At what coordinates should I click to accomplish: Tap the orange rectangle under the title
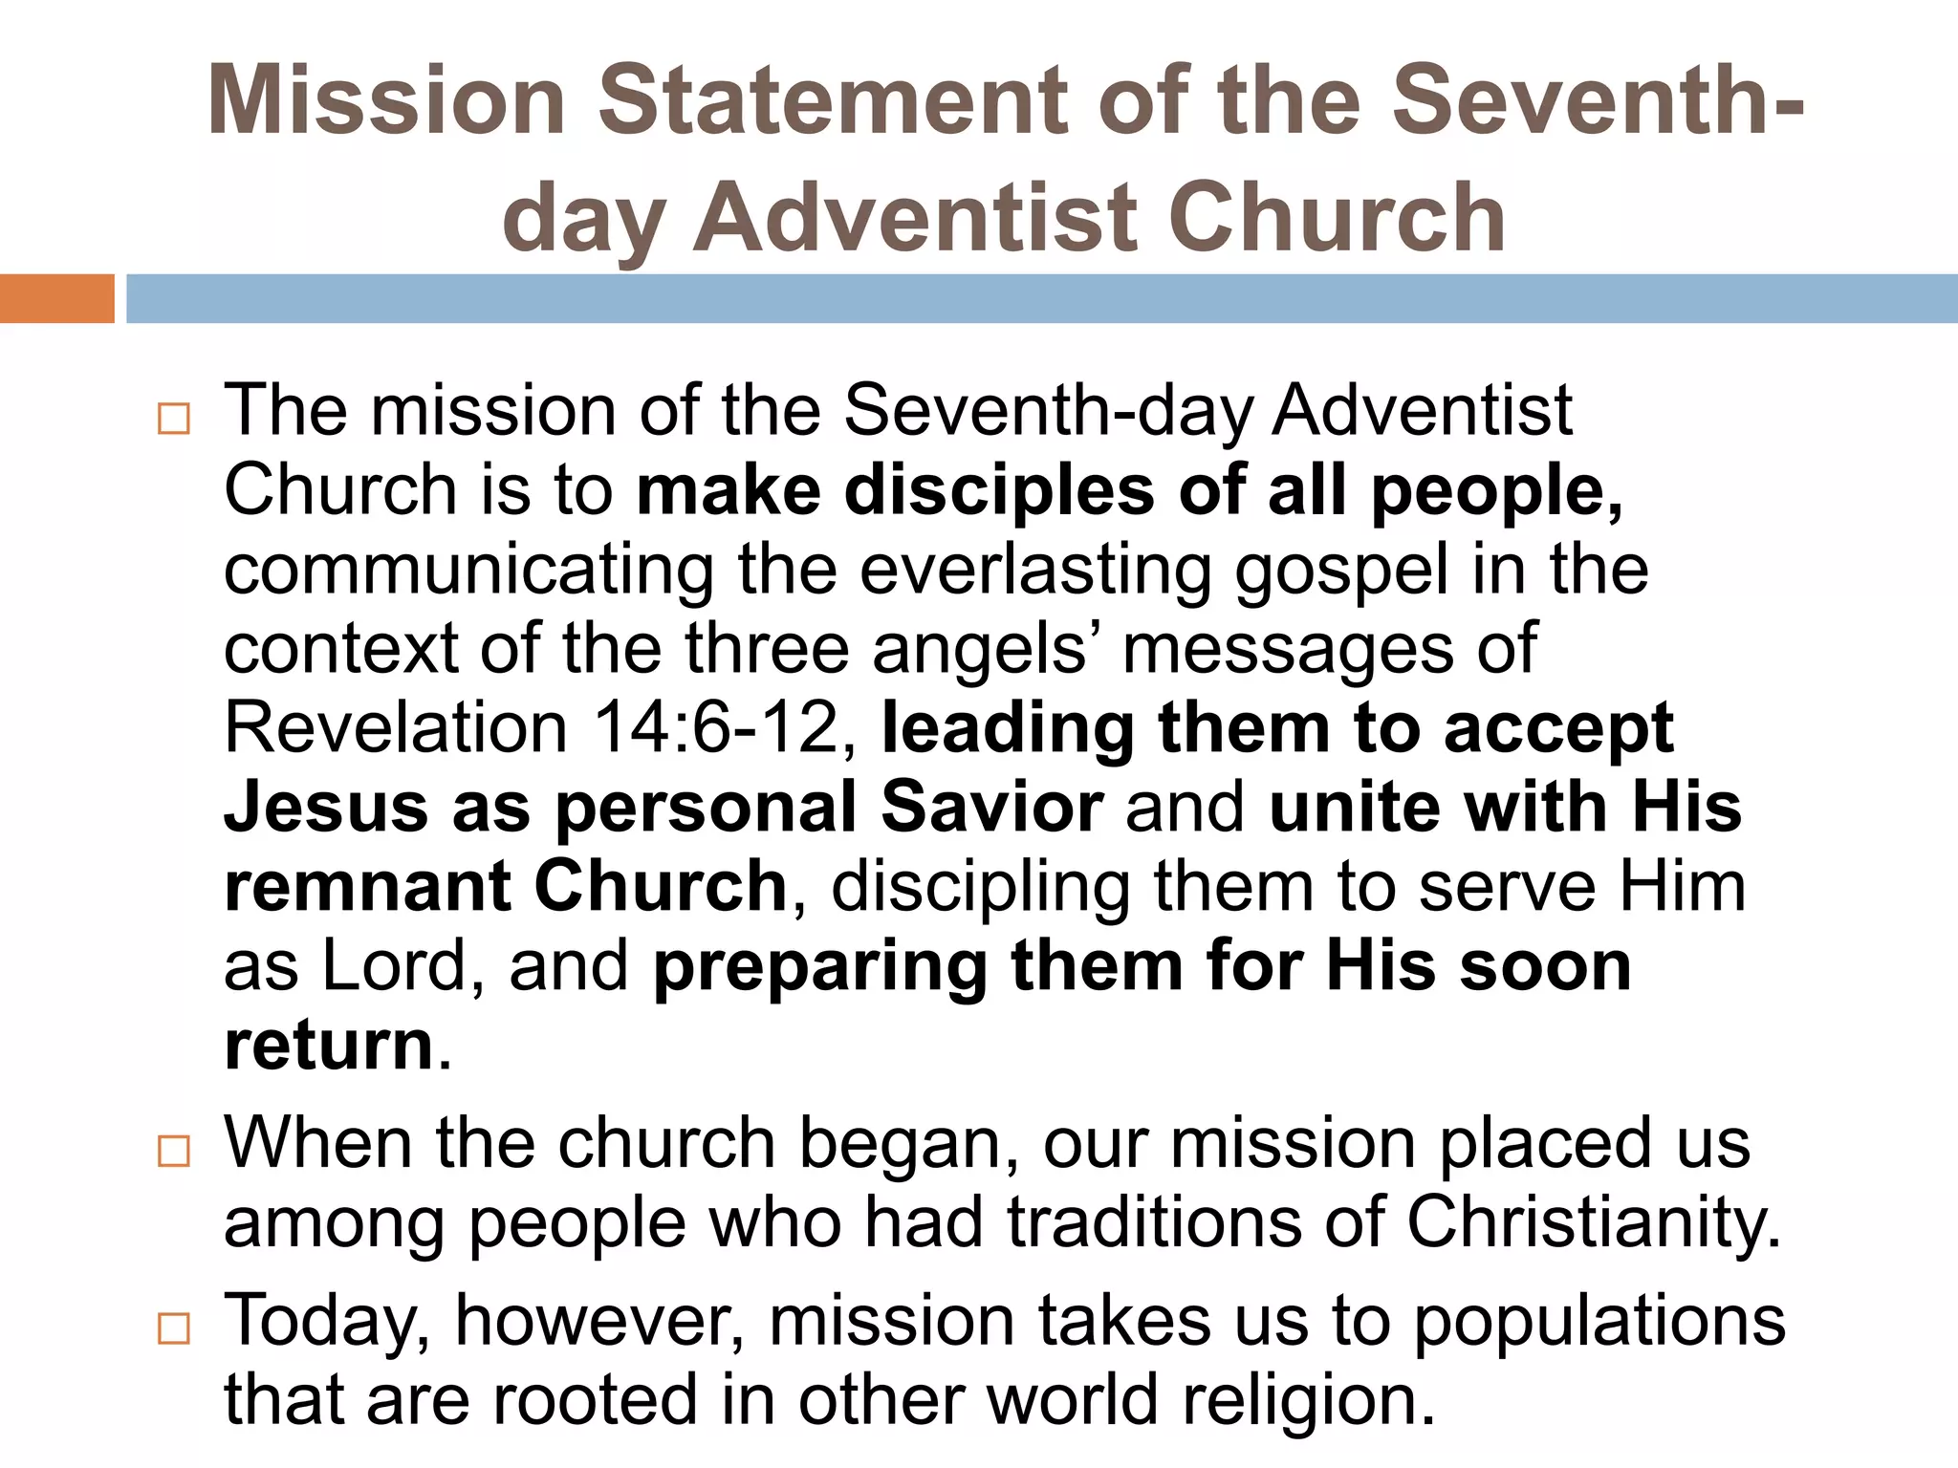[x=56, y=298]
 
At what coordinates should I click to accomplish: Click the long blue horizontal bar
[x=1042, y=298]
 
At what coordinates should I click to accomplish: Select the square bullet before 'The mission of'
[x=174, y=419]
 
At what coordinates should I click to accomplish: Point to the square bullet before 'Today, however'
[x=174, y=1328]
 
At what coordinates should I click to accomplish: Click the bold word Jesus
[x=326, y=808]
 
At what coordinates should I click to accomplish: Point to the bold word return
[x=329, y=1046]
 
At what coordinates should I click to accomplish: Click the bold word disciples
[x=999, y=491]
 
